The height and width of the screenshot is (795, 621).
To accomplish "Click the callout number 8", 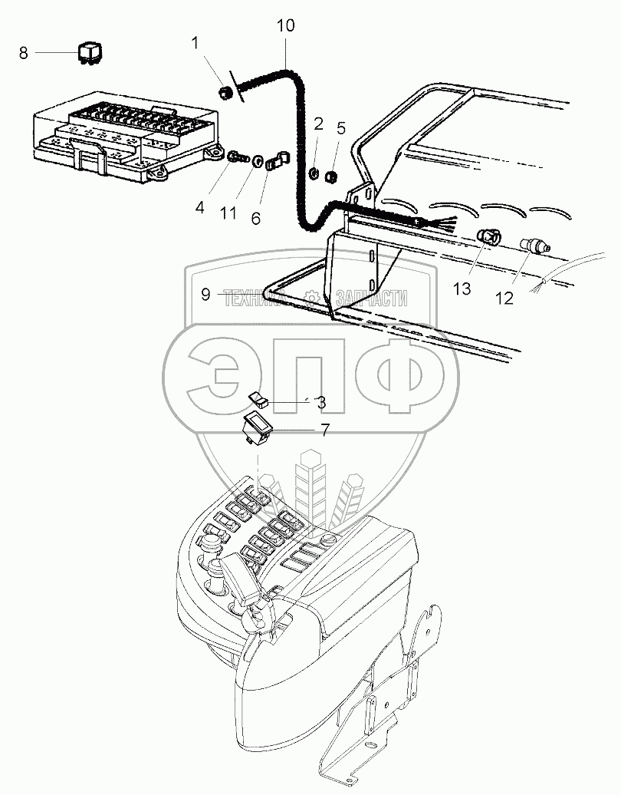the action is pos(23,53).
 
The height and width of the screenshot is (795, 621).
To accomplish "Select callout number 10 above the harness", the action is pos(286,26).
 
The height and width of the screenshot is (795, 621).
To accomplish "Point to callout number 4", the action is pos(200,207).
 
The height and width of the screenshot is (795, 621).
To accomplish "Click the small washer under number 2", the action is pos(314,174).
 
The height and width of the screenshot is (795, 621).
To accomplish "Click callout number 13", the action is pos(462,289).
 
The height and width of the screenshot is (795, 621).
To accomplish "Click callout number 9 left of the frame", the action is pos(205,295).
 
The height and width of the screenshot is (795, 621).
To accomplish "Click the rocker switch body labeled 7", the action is pos(257,427).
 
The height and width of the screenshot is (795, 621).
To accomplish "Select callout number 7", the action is pos(324,430).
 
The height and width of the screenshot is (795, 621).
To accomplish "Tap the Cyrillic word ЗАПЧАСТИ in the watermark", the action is pos(372,299).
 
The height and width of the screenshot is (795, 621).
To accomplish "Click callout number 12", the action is pos(504,299).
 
